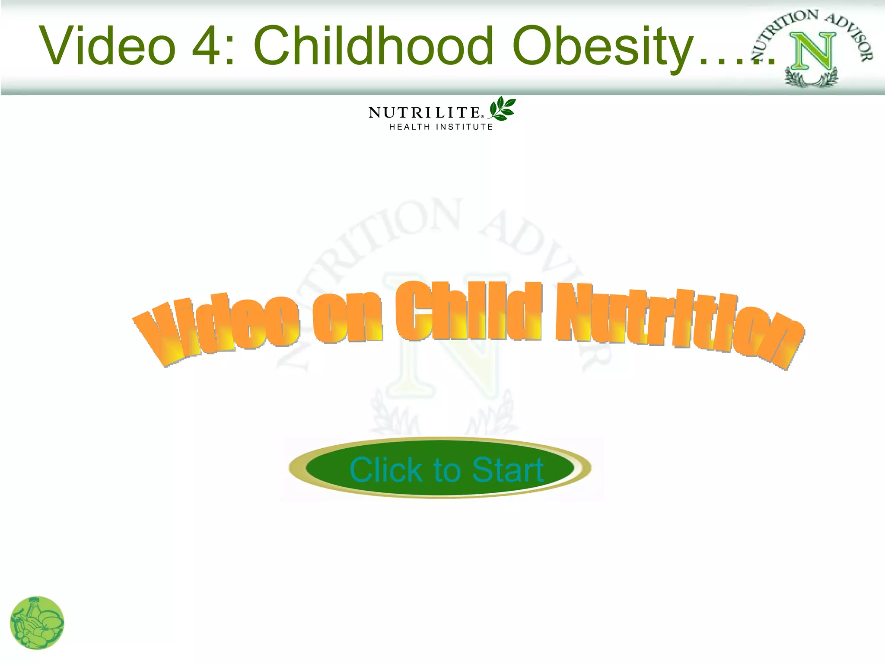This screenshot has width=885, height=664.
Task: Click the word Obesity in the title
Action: (603, 48)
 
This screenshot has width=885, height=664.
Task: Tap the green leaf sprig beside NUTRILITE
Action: (502, 109)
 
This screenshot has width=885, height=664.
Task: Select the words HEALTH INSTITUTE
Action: (441, 127)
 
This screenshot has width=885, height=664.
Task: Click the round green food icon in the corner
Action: (37, 623)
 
